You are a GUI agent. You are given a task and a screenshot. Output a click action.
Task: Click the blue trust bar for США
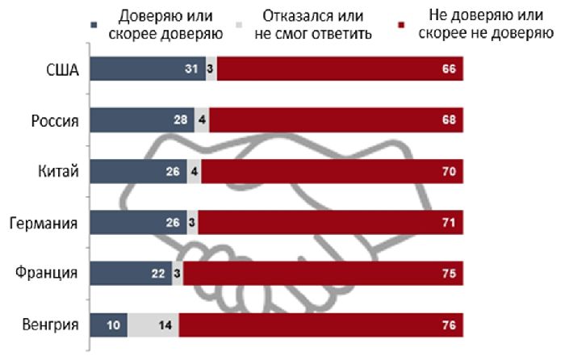(x=148, y=69)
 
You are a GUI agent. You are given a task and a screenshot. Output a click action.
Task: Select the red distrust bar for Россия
(x=337, y=119)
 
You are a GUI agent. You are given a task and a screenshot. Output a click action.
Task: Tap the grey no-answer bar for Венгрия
(x=153, y=325)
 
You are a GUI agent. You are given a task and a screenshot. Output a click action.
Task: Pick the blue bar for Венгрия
(x=108, y=325)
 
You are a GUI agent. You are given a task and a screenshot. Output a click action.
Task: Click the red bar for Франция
(x=323, y=274)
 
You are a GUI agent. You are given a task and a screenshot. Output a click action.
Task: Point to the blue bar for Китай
(x=138, y=171)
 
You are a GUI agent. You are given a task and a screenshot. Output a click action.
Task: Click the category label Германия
(x=44, y=223)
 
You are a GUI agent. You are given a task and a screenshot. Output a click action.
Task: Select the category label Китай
(x=58, y=171)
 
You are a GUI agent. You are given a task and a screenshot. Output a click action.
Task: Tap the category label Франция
(x=46, y=273)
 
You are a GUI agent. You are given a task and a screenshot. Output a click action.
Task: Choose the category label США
(x=62, y=69)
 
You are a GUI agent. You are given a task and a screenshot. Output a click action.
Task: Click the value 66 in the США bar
(x=449, y=69)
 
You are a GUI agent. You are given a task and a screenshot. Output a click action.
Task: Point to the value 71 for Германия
(x=449, y=222)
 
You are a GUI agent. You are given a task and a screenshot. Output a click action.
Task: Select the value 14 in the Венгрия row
(x=165, y=325)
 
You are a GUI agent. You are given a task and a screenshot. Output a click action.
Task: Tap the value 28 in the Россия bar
(x=181, y=119)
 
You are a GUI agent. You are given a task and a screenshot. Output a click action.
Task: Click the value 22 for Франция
(x=158, y=274)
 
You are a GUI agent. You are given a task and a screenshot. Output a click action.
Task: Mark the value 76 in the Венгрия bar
(x=449, y=325)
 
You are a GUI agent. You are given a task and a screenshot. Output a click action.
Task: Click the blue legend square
(x=94, y=25)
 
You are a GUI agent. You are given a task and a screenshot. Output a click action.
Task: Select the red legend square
(x=402, y=25)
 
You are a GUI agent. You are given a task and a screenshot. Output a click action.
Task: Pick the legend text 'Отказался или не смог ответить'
(x=313, y=24)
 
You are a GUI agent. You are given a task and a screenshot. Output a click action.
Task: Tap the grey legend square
(x=239, y=25)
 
